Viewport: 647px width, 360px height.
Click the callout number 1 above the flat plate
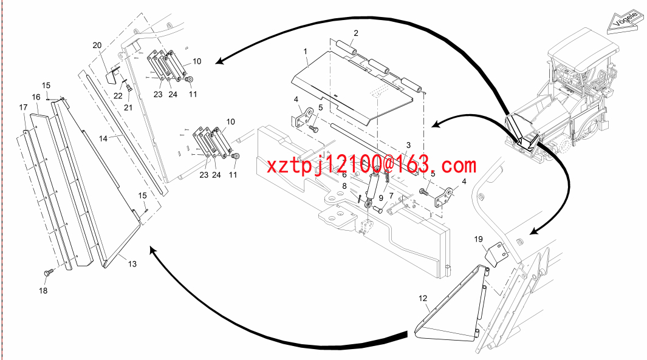point(306,52)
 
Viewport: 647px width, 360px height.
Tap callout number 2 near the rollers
point(355,33)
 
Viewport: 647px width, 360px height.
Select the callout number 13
point(132,264)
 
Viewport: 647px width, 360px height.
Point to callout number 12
point(423,298)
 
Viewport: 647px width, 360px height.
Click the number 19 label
point(478,239)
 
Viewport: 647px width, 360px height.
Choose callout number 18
point(43,291)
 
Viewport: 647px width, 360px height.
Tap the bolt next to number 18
point(49,272)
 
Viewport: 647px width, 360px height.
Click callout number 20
point(97,46)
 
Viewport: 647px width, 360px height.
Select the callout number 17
point(23,107)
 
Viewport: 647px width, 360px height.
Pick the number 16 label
point(36,97)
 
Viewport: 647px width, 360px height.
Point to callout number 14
point(103,138)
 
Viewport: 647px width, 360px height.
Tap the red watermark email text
point(371,166)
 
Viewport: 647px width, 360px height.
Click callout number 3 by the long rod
point(408,145)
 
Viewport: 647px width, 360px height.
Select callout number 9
point(381,199)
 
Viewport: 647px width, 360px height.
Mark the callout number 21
point(128,107)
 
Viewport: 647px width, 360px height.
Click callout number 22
point(118,96)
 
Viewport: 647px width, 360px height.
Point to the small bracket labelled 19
point(496,254)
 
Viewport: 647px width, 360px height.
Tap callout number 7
point(391,196)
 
